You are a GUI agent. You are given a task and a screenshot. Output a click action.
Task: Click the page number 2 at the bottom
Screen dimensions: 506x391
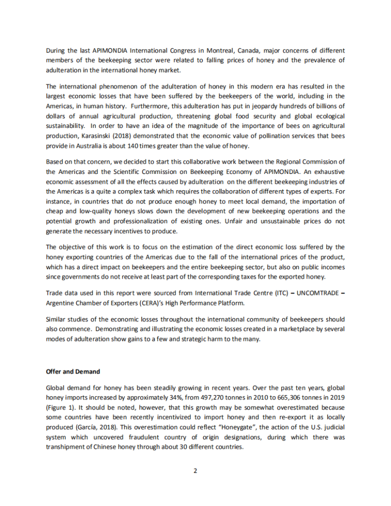point(195,470)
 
